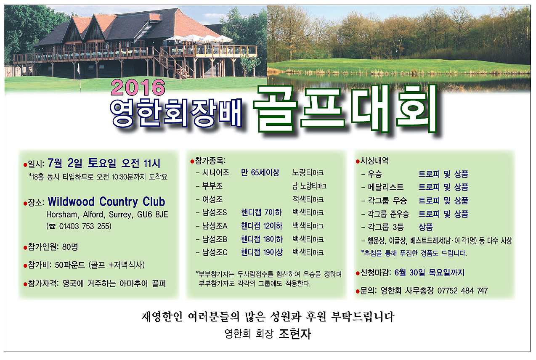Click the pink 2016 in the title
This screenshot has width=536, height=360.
(x=138, y=87)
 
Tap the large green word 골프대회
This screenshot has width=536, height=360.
(x=346, y=109)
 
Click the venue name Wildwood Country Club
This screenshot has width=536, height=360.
(x=106, y=201)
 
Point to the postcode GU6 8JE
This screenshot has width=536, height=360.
(x=152, y=214)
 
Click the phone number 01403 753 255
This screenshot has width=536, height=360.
(x=85, y=226)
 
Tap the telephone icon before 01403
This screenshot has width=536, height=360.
(x=52, y=226)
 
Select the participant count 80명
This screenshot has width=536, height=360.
(x=70, y=246)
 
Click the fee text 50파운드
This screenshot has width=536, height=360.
(x=70, y=265)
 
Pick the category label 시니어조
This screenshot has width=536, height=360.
(x=215, y=172)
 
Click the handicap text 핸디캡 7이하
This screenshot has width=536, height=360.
(x=261, y=212)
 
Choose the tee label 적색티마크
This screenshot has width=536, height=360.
(x=308, y=199)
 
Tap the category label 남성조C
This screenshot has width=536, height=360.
(x=215, y=252)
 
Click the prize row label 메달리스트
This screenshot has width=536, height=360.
(x=385, y=187)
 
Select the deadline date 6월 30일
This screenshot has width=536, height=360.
(x=410, y=273)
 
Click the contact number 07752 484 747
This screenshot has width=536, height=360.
(x=462, y=291)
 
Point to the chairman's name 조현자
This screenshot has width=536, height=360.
(x=295, y=334)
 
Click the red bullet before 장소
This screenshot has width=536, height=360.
(x=25, y=204)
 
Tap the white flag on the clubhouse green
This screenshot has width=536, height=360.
(x=79, y=69)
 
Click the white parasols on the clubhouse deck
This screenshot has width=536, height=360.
(x=198, y=39)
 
